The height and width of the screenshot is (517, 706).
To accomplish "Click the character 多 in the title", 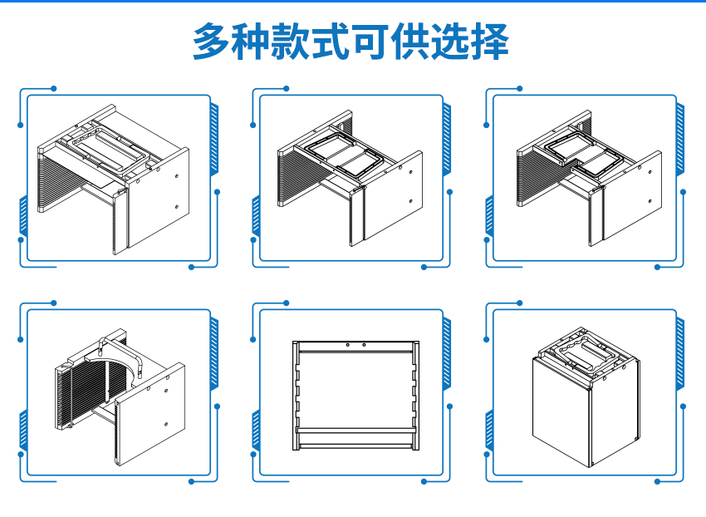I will (x=212, y=42).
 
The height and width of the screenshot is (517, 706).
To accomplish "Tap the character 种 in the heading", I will (x=252, y=42).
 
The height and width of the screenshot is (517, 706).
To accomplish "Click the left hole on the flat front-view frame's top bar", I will (x=347, y=344).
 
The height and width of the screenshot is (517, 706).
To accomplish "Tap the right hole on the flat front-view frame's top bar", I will (x=364, y=344).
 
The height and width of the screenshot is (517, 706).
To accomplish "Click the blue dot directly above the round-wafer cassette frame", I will (x=54, y=303).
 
